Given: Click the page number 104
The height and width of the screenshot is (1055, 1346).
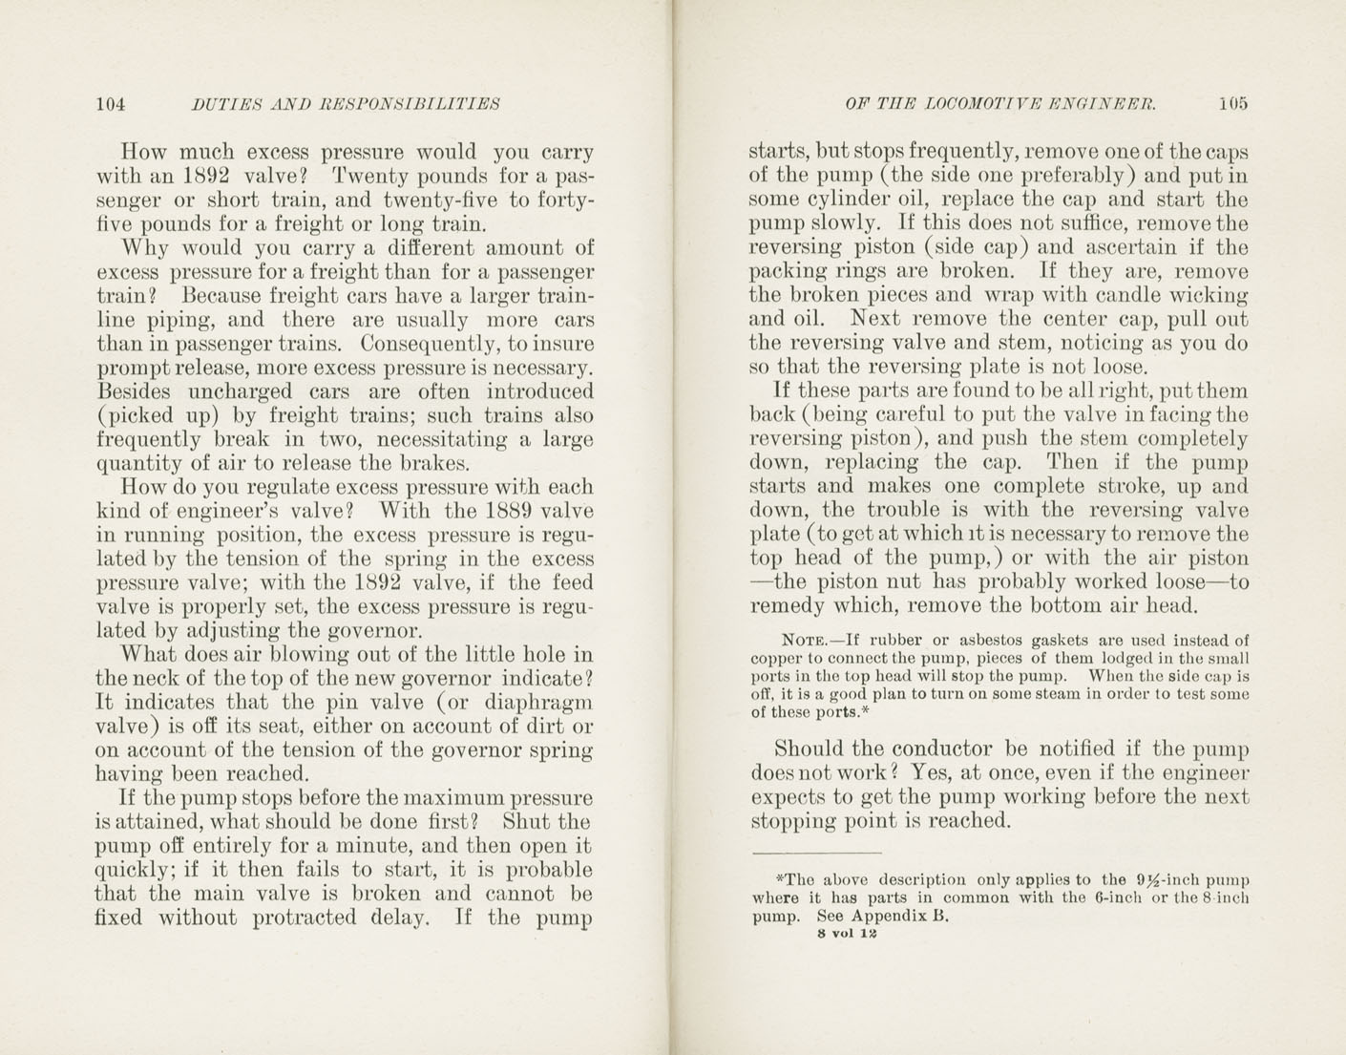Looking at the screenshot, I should tap(111, 104).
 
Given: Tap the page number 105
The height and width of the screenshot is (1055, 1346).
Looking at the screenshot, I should tap(1232, 104).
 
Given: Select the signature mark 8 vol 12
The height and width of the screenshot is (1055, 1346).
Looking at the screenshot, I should tap(840, 934).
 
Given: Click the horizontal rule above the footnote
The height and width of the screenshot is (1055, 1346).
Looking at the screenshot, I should tap(816, 852).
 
